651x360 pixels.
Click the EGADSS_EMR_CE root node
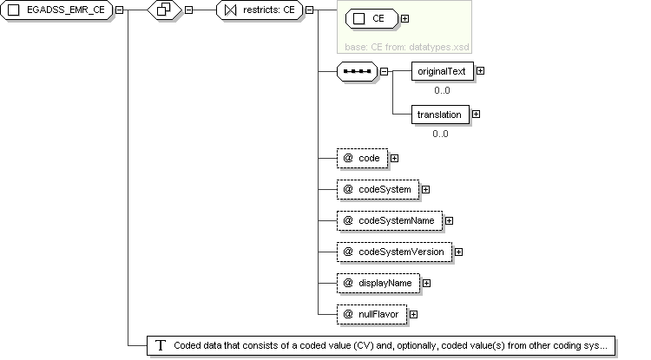(x=56, y=10)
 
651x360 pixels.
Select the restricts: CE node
(x=260, y=10)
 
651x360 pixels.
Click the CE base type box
(x=372, y=19)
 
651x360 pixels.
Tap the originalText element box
(x=442, y=71)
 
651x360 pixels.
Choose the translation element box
(x=440, y=115)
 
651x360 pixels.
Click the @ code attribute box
(x=363, y=159)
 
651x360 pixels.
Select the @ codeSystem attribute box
(x=378, y=189)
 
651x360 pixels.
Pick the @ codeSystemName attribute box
(x=390, y=220)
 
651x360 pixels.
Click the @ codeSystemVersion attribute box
(x=394, y=252)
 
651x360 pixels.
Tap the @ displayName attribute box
(x=378, y=284)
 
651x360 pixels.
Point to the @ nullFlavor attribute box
(x=372, y=314)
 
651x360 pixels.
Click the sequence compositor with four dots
(x=357, y=71)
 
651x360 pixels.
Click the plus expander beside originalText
(x=480, y=71)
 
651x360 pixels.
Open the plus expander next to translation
(x=477, y=114)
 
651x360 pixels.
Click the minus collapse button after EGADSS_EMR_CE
(x=119, y=10)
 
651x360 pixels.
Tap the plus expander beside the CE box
(x=404, y=19)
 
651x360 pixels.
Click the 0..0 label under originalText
(x=442, y=90)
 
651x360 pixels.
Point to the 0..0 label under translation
(x=440, y=134)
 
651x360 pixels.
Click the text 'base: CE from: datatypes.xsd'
(x=407, y=48)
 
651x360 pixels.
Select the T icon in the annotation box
(x=161, y=345)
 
